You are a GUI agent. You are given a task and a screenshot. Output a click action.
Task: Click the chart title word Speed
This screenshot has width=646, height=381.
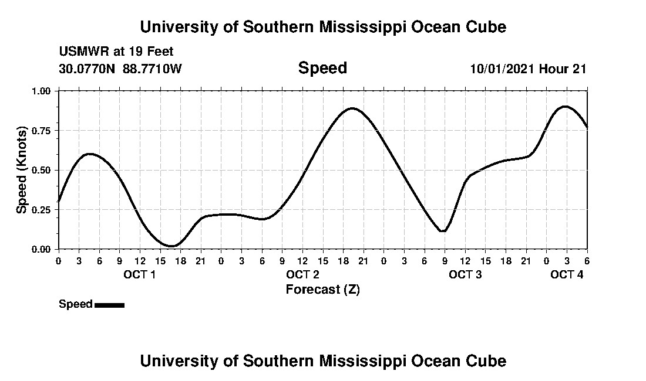[x=322, y=68]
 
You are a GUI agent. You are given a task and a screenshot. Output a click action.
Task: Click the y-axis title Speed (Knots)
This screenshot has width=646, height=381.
[x=22, y=169]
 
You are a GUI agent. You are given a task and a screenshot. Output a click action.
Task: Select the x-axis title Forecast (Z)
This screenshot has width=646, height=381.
[x=322, y=289]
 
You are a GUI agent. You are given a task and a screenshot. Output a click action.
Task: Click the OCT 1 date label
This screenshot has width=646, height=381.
[x=139, y=275]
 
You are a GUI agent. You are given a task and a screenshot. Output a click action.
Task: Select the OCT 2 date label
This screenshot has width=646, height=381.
[x=302, y=275]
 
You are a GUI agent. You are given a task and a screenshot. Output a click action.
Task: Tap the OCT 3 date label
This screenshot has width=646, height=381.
[x=465, y=275]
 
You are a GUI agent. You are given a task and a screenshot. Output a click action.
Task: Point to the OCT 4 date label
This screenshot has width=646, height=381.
[x=567, y=275]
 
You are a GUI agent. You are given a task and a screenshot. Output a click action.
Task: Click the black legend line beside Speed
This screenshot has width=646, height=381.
[x=109, y=305]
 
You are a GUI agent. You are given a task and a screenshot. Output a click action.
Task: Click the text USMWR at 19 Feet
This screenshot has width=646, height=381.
[x=116, y=52]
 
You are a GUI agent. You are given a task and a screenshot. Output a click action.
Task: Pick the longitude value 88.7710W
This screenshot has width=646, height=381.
[x=153, y=69]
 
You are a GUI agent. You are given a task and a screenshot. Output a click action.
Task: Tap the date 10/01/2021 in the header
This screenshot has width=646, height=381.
[x=502, y=69]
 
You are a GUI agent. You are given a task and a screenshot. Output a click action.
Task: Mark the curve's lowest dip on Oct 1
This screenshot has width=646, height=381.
[x=171, y=246]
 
